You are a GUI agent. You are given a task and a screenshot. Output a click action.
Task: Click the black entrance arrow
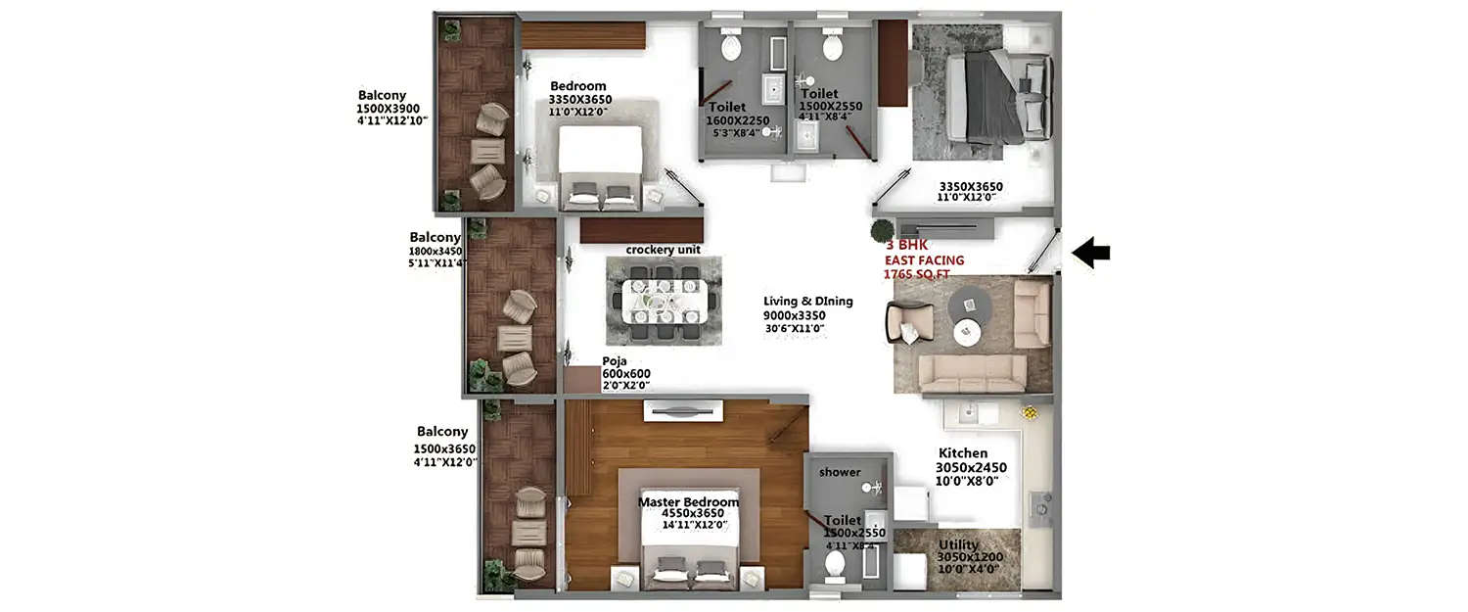click(1090, 254)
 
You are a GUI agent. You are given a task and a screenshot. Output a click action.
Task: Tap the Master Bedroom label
click(688, 502)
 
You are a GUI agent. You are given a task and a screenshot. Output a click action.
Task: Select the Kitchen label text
click(963, 453)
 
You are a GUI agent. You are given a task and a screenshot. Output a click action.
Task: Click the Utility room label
click(958, 544)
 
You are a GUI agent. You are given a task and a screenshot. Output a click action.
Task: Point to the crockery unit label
click(663, 250)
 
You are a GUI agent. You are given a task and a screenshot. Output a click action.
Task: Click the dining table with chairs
click(664, 300)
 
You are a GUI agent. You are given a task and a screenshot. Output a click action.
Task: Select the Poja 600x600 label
click(626, 374)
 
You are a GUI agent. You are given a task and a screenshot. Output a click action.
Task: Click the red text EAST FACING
click(924, 260)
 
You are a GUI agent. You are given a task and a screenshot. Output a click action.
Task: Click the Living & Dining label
click(808, 302)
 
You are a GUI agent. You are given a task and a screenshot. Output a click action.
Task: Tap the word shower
click(840, 472)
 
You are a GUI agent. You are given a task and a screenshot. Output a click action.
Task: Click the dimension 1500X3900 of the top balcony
click(389, 109)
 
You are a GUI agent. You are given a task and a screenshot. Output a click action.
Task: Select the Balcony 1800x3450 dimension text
click(436, 251)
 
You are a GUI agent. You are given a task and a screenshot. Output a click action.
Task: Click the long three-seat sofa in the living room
click(973, 373)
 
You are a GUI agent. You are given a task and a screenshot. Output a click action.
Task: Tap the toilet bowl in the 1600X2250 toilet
click(732, 45)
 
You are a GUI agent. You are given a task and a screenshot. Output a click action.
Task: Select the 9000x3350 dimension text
click(794, 315)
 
